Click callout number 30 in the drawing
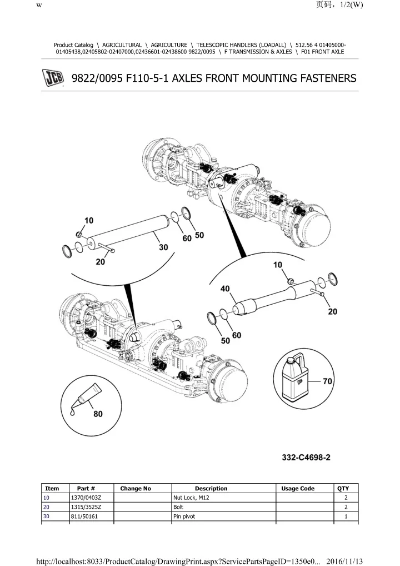(x=163, y=248)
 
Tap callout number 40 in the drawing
(x=225, y=289)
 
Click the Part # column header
(x=86, y=489)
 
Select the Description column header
(x=211, y=489)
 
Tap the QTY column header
(x=343, y=489)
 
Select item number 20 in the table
(x=47, y=508)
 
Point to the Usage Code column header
(x=298, y=489)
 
